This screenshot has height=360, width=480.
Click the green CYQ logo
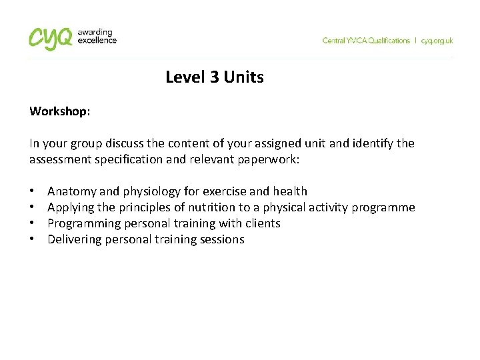click(50, 38)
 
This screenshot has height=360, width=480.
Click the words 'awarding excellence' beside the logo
click(97, 36)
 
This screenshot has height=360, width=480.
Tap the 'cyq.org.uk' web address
click(437, 41)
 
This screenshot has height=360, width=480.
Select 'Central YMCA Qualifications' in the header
click(366, 41)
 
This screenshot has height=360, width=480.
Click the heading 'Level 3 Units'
click(215, 77)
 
